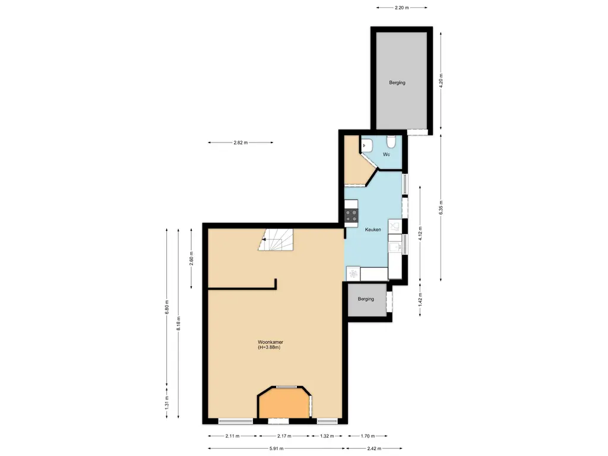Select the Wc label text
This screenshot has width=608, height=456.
[x=386, y=154]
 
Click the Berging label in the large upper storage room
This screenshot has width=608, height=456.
[x=397, y=83]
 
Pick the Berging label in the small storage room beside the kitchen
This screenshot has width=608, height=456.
[x=366, y=299]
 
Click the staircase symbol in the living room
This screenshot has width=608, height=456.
[x=275, y=240]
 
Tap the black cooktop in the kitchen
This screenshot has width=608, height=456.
[x=351, y=216]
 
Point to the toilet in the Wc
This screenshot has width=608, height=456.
[x=391, y=142]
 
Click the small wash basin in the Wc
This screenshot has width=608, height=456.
[x=366, y=144]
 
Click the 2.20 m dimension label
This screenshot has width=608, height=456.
[x=403, y=8]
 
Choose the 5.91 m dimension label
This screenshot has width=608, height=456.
[x=274, y=449]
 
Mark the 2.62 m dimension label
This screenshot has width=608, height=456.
[x=240, y=142]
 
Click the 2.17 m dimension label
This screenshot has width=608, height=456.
[x=283, y=436]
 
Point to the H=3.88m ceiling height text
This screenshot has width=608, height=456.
[x=269, y=347]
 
